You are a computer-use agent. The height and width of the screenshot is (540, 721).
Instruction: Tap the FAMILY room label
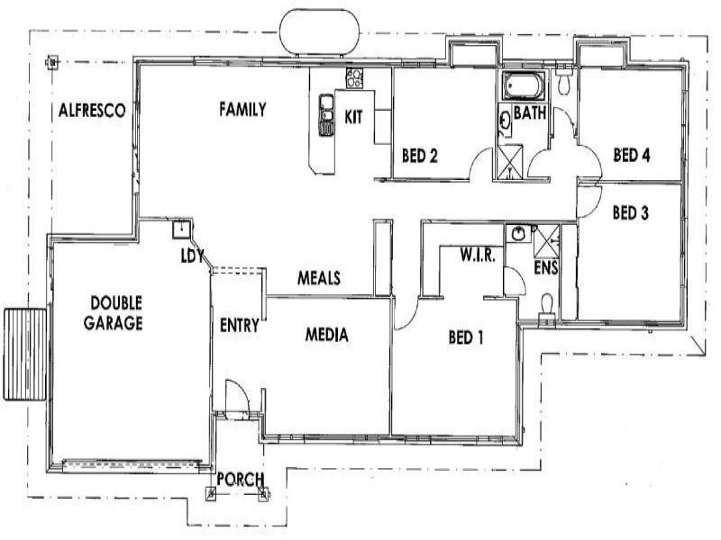click(242, 110)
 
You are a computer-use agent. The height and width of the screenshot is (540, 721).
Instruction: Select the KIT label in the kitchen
click(354, 115)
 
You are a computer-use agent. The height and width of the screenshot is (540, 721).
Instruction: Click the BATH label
click(528, 113)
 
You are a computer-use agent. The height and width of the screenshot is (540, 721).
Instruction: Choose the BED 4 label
click(631, 154)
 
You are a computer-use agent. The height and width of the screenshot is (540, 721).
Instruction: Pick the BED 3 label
click(631, 213)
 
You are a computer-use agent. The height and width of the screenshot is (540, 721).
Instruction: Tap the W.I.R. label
click(474, 256)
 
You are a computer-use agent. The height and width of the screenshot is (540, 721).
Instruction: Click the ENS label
click(544, 267)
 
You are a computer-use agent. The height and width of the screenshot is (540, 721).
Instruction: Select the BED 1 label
click(466, 338)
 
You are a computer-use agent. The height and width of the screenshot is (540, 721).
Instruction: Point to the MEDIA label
click(326, 335)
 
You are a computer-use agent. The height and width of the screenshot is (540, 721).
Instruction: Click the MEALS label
click(319, 279)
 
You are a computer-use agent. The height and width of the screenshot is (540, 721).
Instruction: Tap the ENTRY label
click(240, 325)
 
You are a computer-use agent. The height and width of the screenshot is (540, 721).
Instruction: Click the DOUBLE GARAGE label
click(114, 312)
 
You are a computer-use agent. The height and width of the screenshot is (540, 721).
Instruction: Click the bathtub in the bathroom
click(525, 87)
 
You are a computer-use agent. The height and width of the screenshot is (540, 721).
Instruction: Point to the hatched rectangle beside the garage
click(24, 353)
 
